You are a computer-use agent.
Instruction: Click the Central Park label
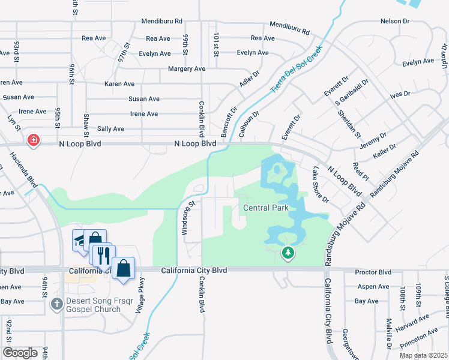point(266,208)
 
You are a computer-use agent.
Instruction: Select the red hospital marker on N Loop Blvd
point(34,140)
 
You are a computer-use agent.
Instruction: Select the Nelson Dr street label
point(395,22)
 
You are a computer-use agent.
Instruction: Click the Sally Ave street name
point(110,129)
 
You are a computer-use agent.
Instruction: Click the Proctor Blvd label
point(373,271)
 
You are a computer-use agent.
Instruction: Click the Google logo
point(20,352)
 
